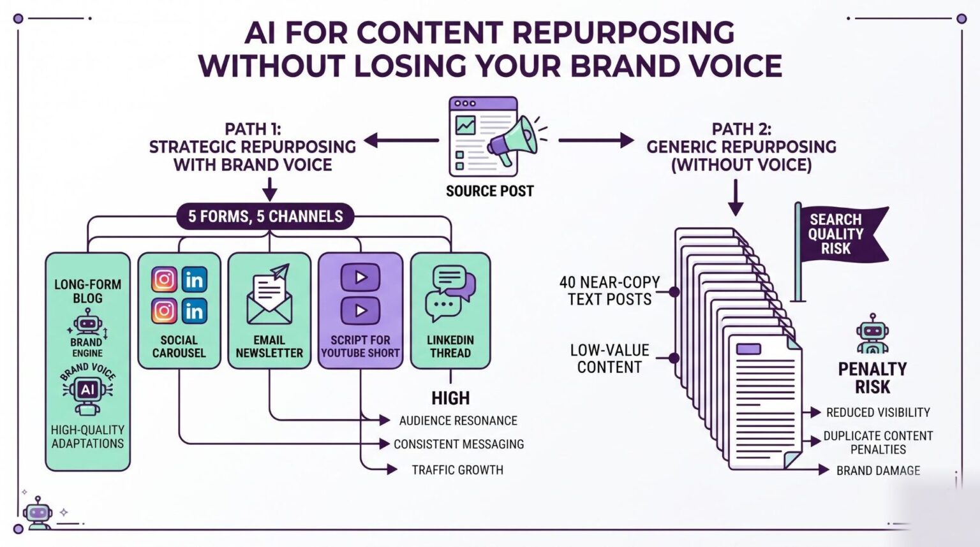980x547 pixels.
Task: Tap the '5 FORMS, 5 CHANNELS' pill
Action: (x=265, y=216)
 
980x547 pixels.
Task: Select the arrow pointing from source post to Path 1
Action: (x=401, y=140)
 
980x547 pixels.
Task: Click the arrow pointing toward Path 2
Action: (x=597, y=140)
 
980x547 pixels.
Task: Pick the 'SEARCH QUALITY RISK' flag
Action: (x=841, y=235)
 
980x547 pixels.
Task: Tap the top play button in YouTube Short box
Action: (x=360, y=277)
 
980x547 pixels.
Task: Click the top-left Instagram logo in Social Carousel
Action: (x=164, y=279)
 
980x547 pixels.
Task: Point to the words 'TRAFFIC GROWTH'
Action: (x=457, y=470)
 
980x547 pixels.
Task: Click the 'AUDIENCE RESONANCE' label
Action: (x=458, y=421)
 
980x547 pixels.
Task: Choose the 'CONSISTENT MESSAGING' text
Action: (x=459, y=444)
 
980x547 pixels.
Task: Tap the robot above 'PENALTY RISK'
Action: (x=872, y=333)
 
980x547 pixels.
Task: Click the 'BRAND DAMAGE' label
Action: (x=878, y=470)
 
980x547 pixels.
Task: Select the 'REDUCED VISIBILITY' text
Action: (x=878, y=412)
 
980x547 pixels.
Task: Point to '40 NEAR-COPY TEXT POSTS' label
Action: (x=609, y=291)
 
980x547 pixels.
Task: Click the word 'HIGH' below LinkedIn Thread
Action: (x=450, y=398)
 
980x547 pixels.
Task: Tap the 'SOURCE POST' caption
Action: (x=489, y=191)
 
